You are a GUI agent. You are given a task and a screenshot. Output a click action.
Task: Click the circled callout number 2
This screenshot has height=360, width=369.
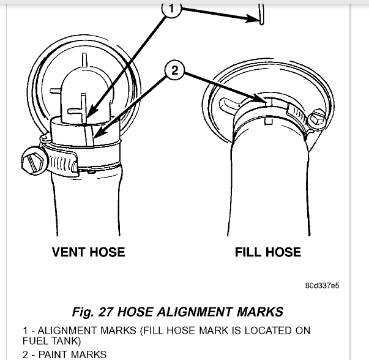(174, 71)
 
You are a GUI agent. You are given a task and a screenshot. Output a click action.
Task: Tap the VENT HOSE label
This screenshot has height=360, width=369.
(88, 252)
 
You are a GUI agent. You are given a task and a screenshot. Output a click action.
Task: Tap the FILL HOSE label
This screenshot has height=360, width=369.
(268, 252)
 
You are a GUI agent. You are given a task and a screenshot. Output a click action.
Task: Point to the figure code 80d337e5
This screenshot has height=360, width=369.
(322, 286)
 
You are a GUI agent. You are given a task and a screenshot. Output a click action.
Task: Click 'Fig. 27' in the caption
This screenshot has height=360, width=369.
(92, 312)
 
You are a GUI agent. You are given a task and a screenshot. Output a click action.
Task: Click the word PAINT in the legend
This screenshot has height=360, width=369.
(58, 354)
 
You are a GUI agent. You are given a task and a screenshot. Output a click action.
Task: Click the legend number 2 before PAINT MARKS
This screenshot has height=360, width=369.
(26, 354)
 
